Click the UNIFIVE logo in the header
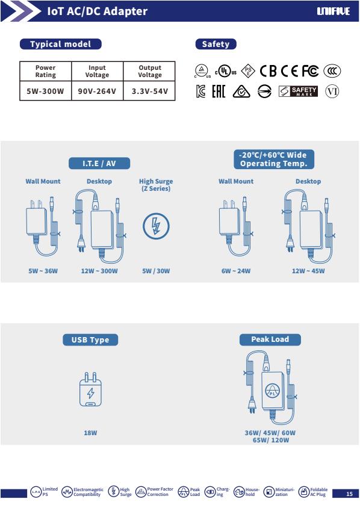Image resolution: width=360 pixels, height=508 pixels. point(333,11)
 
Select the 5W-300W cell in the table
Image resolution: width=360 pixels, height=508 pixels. point(45,91)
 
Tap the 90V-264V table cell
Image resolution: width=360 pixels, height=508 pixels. point(97,91)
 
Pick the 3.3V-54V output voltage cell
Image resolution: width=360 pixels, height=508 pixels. point(149,91)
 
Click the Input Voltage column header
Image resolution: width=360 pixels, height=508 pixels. point(97,71)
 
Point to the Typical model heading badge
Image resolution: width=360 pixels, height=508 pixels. point(61,44)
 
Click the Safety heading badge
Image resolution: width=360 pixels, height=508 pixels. point(216,44)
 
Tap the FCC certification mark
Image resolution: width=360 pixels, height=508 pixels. point(310,71)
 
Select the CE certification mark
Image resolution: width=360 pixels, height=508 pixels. point(290,71)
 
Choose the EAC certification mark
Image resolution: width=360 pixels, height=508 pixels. point(219,91)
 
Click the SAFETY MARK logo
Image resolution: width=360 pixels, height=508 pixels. point(298,91)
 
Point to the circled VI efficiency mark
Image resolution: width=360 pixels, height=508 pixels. point(332,91)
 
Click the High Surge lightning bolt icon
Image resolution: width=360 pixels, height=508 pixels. point(156,226)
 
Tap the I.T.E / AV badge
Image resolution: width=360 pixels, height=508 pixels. point(99,163)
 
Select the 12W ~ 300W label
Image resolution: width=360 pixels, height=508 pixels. point(99,271)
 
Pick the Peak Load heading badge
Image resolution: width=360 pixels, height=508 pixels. point(270,339)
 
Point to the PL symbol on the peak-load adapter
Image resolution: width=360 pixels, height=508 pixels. point(272,391)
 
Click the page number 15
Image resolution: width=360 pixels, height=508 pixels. point(349,494)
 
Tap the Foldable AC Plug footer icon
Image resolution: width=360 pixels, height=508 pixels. point(303,492)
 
